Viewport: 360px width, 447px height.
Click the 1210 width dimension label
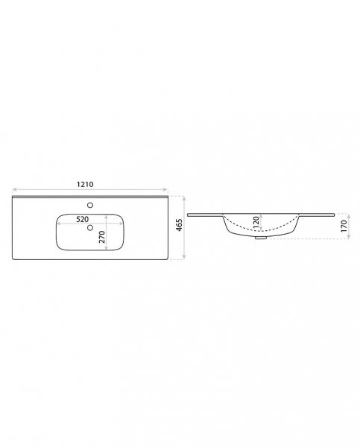click(x=85, y=184)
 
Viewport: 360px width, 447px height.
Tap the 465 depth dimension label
click(x=179, y=225)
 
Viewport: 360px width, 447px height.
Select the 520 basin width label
click(x=83, y=219)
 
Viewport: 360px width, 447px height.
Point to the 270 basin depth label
click(x=102, y=237)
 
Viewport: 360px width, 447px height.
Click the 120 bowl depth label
click(x=256, y=223)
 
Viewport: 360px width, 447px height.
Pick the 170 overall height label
click(x=344, y=226)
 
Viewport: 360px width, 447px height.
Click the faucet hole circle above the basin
click(x=90, y=205)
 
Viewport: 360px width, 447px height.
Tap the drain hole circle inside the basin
click(x=90, y=227)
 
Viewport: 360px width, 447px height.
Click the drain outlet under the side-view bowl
click(x=261, y=237)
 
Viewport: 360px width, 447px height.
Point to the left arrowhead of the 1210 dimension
click(x=13, y=189)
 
